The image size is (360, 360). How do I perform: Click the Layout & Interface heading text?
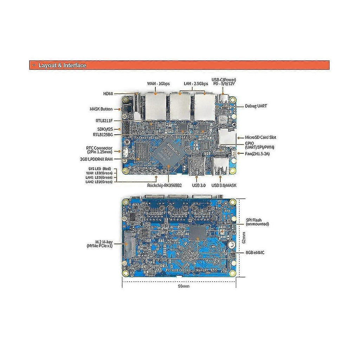point(62,65)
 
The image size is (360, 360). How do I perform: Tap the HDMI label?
point(108,94)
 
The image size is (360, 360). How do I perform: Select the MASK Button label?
point(101,109)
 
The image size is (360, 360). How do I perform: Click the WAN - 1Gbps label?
point(159,84)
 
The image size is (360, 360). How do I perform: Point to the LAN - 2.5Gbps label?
point(196,84)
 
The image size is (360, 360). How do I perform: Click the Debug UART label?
point(256,106)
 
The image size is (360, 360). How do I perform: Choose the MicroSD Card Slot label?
point(261,137)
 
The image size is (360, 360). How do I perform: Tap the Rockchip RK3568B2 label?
point(165,185)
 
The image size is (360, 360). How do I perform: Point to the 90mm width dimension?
point(184,286)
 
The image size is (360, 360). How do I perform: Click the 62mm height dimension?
point(244,238)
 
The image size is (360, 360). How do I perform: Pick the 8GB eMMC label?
point(255,252)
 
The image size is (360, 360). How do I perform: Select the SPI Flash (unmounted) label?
point(257,222)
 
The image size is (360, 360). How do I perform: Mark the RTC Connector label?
point(99,150)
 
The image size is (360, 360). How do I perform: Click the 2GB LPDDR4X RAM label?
point(96,159)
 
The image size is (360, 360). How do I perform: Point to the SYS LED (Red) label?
point(99,169)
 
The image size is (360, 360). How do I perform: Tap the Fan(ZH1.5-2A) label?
point(257,154)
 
